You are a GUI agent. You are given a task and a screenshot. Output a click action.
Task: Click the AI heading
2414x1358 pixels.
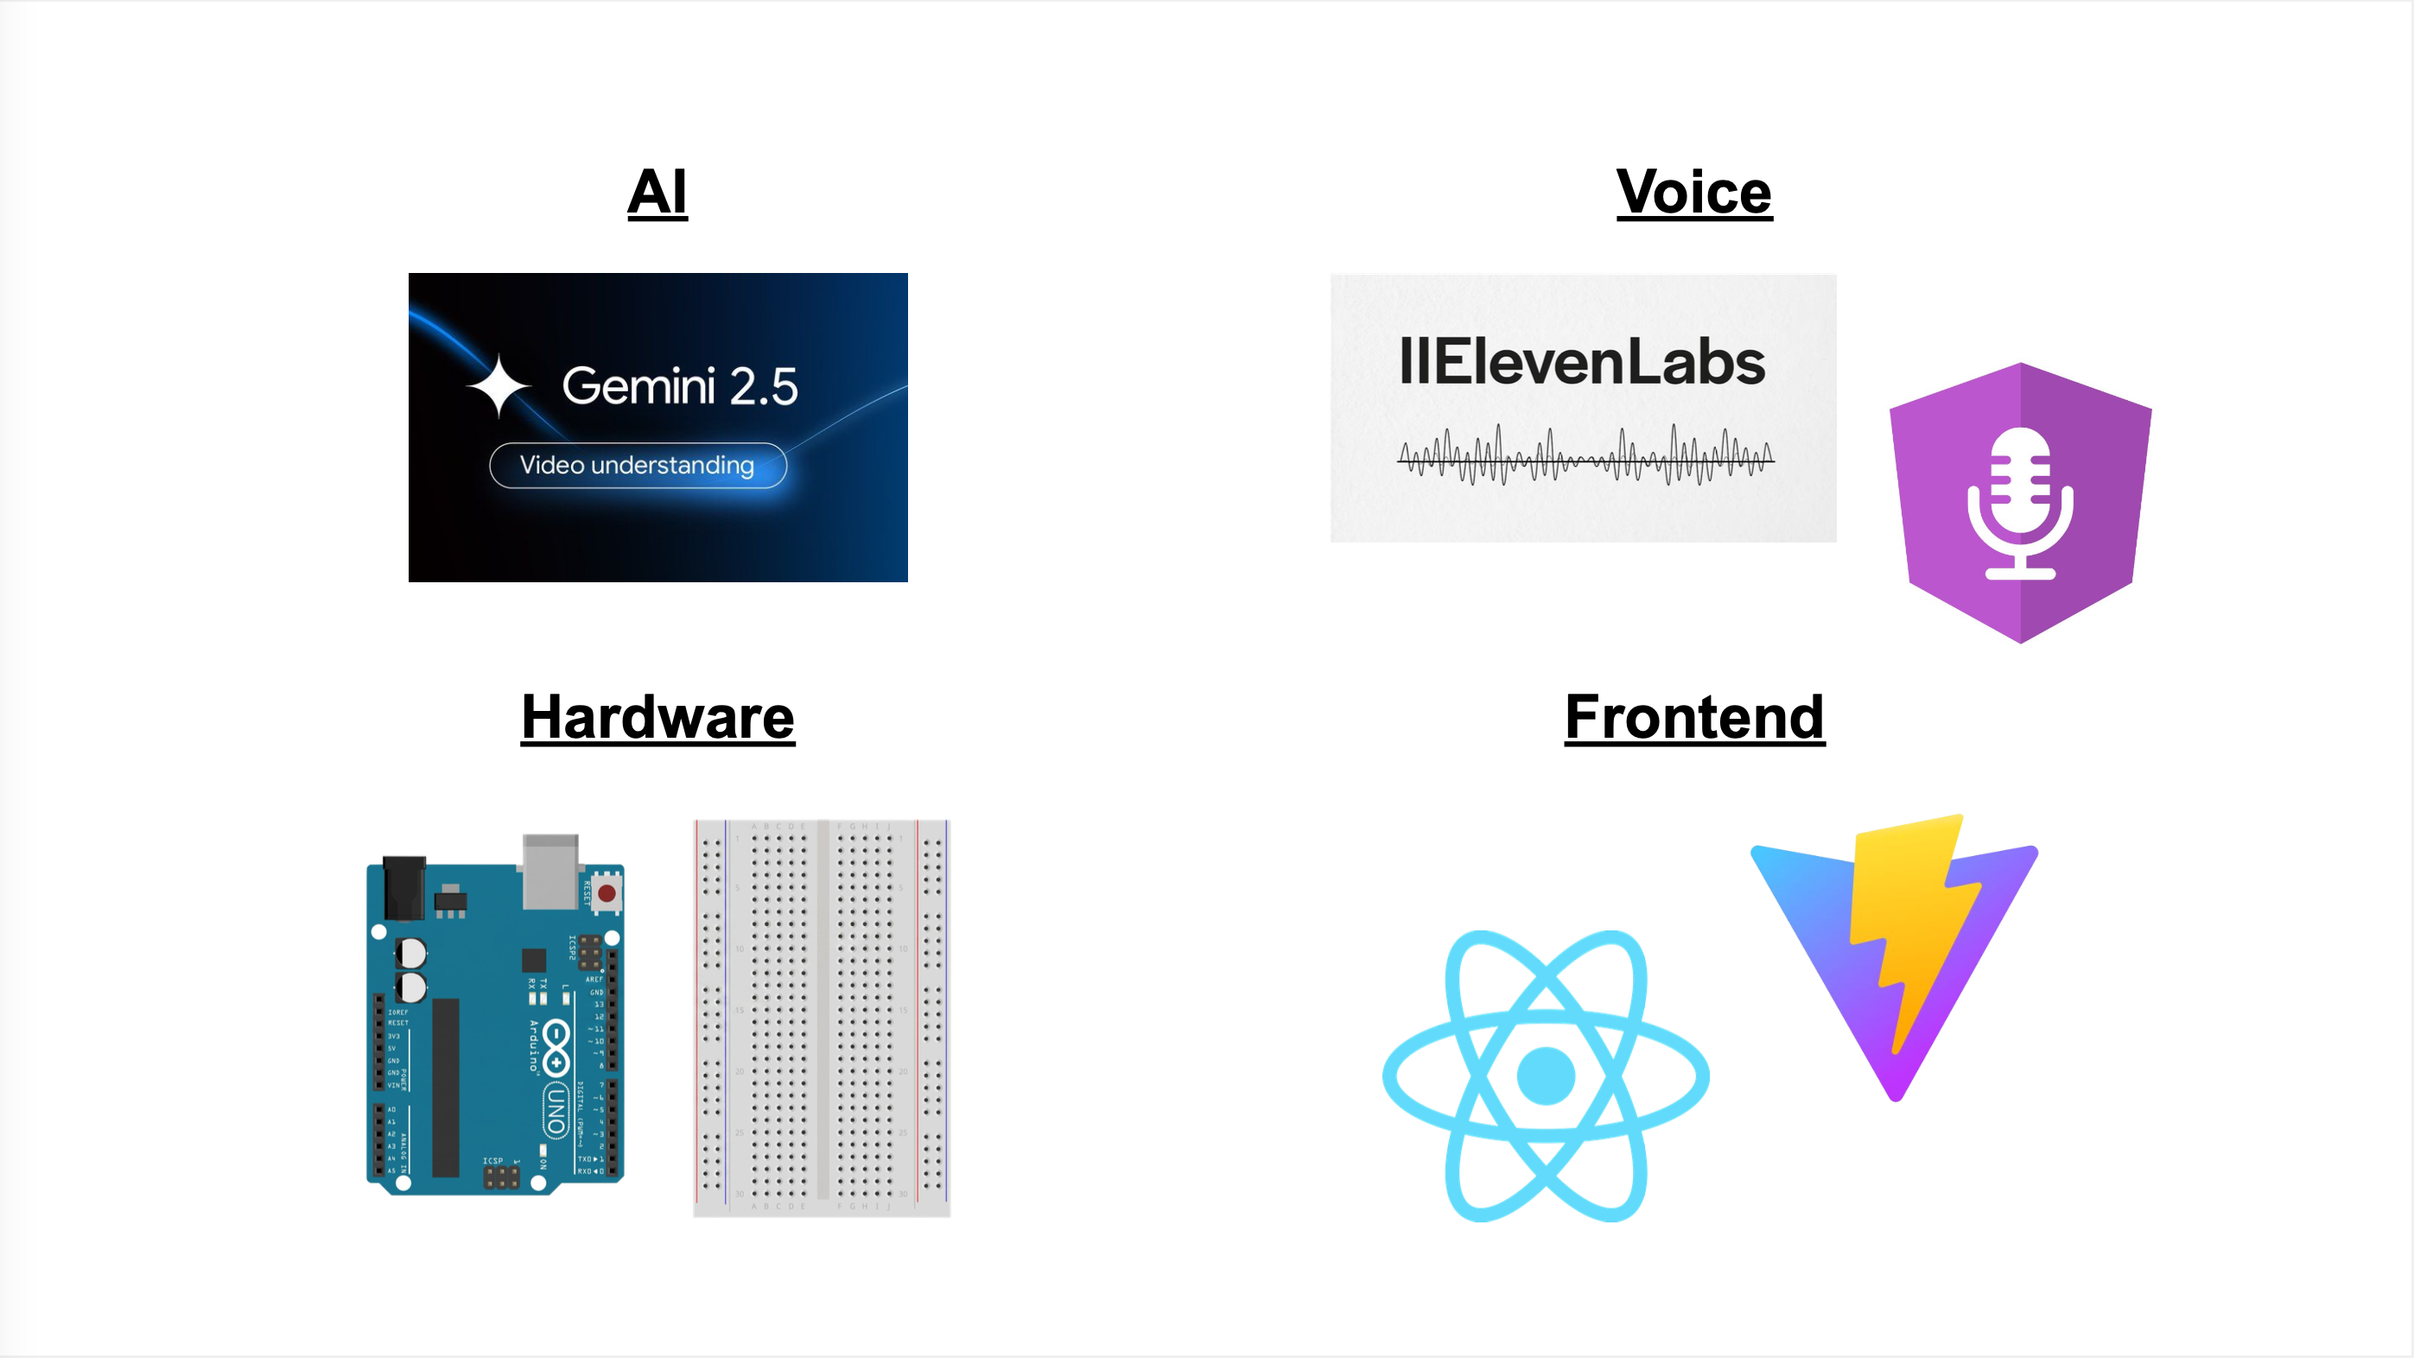[657, 192]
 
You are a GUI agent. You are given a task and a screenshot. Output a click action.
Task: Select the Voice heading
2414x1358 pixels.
[1693, 192]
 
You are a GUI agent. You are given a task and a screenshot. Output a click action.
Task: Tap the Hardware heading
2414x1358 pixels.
[657, 717]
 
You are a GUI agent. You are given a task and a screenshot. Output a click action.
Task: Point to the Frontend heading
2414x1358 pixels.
[1694, 717]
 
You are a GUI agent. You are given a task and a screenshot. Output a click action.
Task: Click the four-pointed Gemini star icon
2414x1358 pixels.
[499, 385]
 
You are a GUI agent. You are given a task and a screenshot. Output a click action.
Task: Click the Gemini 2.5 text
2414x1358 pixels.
[679, 386]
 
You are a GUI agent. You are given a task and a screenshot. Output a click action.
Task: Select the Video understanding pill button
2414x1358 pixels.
[638, 465]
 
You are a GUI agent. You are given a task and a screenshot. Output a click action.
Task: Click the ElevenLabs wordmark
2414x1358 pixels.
[1582, 363]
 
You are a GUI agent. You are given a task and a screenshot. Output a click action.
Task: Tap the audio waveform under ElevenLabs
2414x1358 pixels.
[1585, 456]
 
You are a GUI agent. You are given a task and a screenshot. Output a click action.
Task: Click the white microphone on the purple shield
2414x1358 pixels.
[2019, 501]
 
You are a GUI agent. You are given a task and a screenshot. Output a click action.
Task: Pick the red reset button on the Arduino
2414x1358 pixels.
[607, 893]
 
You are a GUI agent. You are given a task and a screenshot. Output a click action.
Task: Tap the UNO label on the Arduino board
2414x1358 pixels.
[556, 1111]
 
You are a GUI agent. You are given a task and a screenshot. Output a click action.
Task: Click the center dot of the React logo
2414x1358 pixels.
[1546, 1076]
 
